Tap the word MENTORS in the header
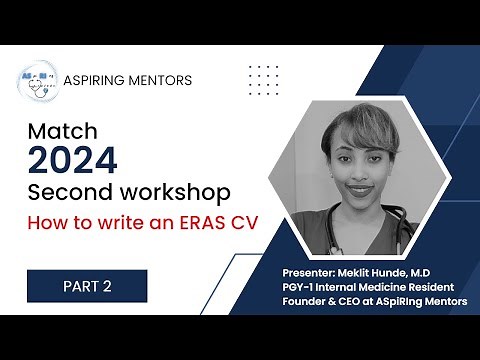(163, 80)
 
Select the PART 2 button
(87, 285)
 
